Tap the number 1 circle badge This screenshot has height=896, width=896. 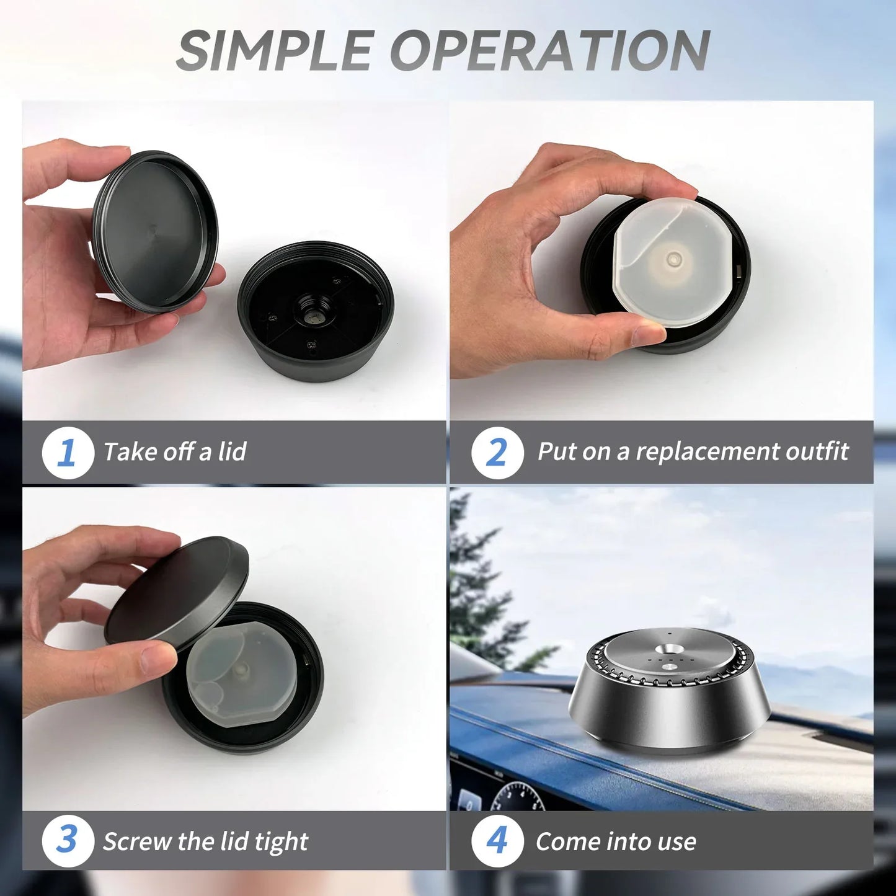[x=68, y=453]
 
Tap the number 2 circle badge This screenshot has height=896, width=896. [x=497, y=453]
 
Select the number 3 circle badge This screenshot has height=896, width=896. [x=68, y=841]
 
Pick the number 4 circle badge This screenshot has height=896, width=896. [x=497, y=841]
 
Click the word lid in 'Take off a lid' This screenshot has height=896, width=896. [x=232, y=451]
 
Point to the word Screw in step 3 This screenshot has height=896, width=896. [x=137, y=841]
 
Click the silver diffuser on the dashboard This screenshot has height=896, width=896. [x=670, y=694]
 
